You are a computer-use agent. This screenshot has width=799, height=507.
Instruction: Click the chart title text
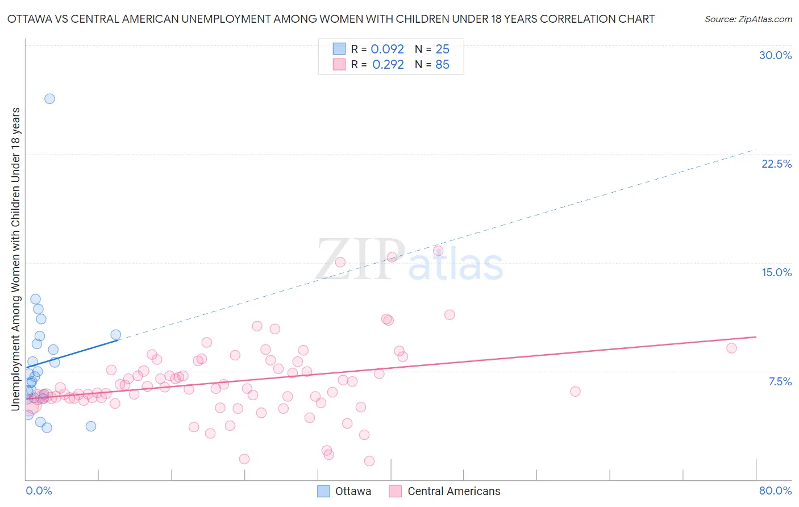(331, 19)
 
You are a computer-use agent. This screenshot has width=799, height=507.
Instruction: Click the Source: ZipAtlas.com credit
(748, 19)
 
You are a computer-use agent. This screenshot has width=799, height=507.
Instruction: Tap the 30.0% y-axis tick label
(775, 55)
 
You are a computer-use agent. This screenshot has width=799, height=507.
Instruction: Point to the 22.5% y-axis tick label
(776, 164)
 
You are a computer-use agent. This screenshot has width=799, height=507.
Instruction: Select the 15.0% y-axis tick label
(776, 272)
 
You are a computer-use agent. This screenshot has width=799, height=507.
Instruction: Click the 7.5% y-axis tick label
(780, 381)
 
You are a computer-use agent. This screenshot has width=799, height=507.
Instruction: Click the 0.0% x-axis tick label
(39, 491)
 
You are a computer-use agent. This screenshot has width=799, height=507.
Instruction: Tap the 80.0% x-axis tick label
(775, 491)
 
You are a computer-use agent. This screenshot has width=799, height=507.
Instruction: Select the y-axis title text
(16, 259)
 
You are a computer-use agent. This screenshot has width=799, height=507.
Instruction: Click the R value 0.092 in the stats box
(387, 49)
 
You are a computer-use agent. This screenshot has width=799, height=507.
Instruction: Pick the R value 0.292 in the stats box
(388, 65)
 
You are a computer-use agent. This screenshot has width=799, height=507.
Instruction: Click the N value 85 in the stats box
(442, 65)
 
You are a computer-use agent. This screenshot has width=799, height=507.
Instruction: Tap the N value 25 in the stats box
(442, 49)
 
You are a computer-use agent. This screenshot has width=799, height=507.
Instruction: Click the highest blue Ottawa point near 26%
(49, 99)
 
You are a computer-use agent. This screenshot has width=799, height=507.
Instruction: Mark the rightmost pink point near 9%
(731, 348)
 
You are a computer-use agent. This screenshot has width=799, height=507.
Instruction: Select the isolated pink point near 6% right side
(575, 391)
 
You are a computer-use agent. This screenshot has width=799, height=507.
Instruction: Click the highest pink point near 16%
(438, 251)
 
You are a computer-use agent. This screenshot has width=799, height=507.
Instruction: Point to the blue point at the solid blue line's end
(115, 335)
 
